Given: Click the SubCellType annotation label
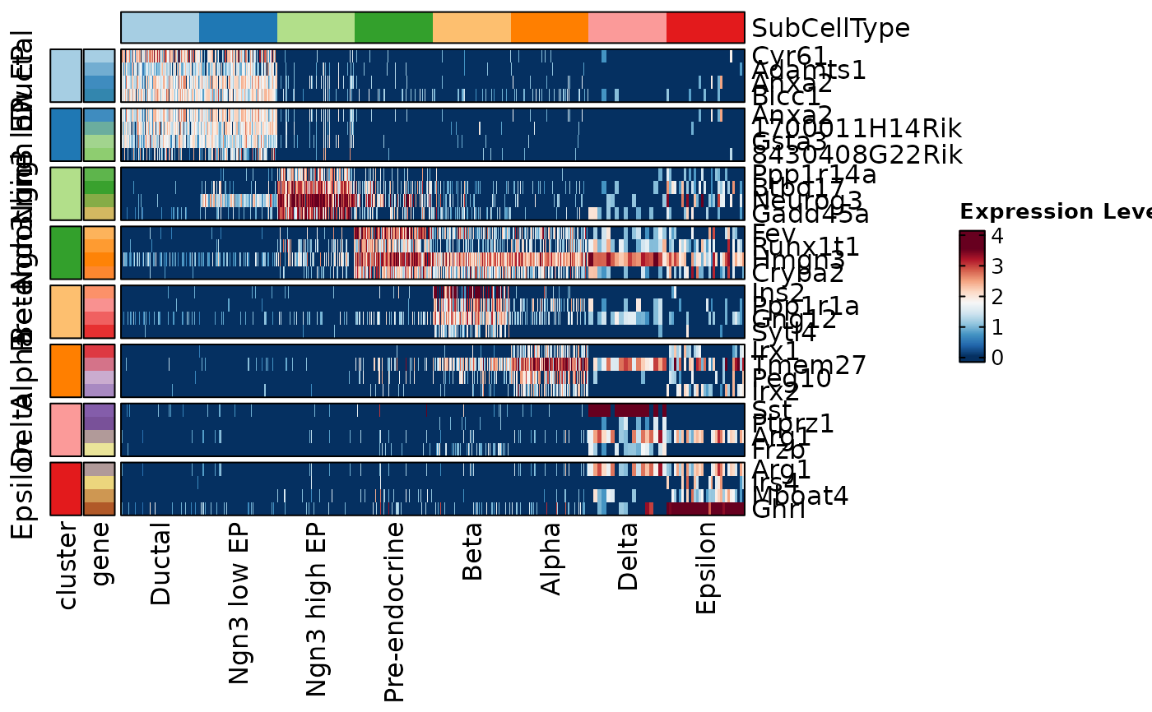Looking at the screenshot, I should pyautogui.click(x=830, y=29).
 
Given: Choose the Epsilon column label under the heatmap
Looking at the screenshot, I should pyautogui.click(x=706, y=568).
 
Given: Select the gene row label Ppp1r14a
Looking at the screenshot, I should pyautogui.click(x=813, y=174).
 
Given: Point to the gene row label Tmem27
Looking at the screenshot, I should pyautogui.click(x=809, y=365).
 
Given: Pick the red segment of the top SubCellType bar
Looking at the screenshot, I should pyautogui.click(x=705, y=28).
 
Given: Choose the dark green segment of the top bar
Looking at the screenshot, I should pyautogui.click(x=393, y=28).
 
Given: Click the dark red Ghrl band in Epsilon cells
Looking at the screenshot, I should pyautogui.click(x=704, y=509).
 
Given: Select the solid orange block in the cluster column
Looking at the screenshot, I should pyautogui.click(x=66, y=370).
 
